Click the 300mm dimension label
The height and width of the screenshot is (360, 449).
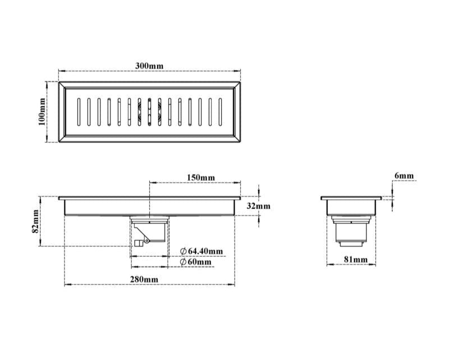(149, 66)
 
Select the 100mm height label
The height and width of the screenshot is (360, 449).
(42, 112)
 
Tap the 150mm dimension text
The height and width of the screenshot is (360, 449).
(200, 177)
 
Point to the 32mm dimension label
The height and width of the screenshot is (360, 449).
(259, 206)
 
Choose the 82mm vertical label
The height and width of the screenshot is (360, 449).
(35, 221)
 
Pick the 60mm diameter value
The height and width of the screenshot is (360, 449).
(200, 262)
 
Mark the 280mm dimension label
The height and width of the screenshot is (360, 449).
(145, 279)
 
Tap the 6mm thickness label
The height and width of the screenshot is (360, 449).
(404, 176)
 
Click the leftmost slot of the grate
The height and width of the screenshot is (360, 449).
(78, 112)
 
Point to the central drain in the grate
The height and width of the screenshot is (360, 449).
(150, 112)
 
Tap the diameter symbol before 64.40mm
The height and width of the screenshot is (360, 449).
(184, 251)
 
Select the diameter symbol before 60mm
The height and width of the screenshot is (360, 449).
(184, 262)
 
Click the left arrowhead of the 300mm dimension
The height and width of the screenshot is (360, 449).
(62, 71)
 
